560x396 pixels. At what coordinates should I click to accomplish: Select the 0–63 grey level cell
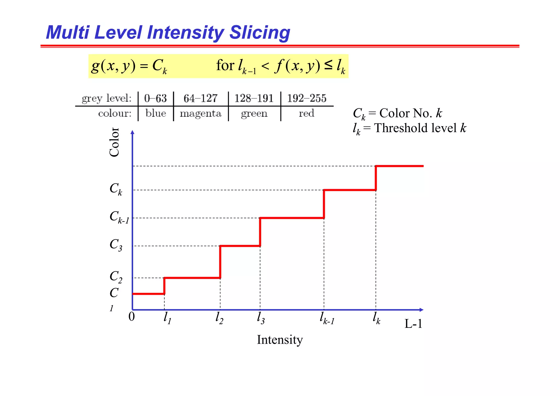pos(155,98)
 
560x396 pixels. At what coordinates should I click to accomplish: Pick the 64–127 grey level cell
pos(200,98)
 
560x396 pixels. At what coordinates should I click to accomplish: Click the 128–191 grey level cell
pos(254,98)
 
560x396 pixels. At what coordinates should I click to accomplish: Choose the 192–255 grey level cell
pos(307,98)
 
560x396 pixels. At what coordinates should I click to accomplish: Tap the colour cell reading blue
pos(156,113)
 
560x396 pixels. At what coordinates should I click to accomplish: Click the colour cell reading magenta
pos(200,114)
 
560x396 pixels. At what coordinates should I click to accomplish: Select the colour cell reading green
pos(254,114)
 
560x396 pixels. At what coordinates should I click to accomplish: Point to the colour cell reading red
pos(307,113)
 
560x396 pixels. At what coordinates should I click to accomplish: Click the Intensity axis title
pos(280,340)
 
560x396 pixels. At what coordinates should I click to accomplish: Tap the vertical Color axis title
pos(114,142)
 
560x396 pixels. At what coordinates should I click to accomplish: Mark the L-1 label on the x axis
pos(413,324)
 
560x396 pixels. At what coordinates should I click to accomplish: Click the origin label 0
pos(132,317)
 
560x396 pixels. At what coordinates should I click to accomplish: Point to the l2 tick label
pos(219,318)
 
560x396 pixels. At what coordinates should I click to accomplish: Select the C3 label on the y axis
pos(116,244)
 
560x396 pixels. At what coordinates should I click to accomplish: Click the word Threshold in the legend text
pos(402,128)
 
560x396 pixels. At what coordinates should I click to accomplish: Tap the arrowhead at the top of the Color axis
pos(132,132)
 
